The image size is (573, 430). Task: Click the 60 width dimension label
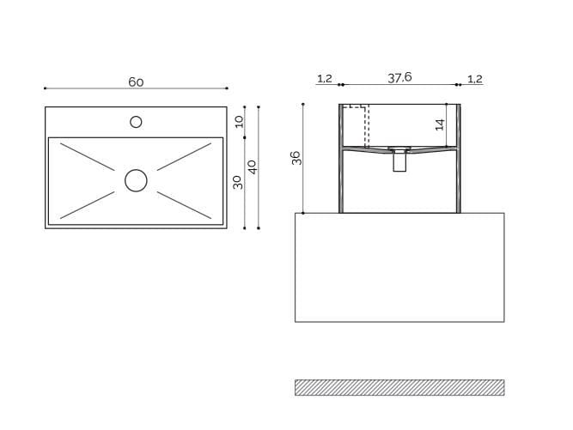(136, 82)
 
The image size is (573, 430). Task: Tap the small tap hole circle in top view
(136, 122)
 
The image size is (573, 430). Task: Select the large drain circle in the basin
(136, 180)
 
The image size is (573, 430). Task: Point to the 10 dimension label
(240, 122)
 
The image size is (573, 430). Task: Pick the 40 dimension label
(252, 167)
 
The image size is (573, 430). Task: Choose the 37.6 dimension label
(399, 77)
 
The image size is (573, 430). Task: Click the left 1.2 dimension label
(324, 79)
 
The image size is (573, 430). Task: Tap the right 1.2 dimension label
(474, 79)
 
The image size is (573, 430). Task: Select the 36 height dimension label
(296, 158)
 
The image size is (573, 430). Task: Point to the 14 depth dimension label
(439, 124)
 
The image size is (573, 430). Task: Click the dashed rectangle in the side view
(356, 125)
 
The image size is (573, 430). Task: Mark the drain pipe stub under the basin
(399, 161)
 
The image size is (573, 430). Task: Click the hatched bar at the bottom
(399, 387)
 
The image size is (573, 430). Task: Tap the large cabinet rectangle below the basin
(399, 267)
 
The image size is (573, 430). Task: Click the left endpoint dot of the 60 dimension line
(45, 88)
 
